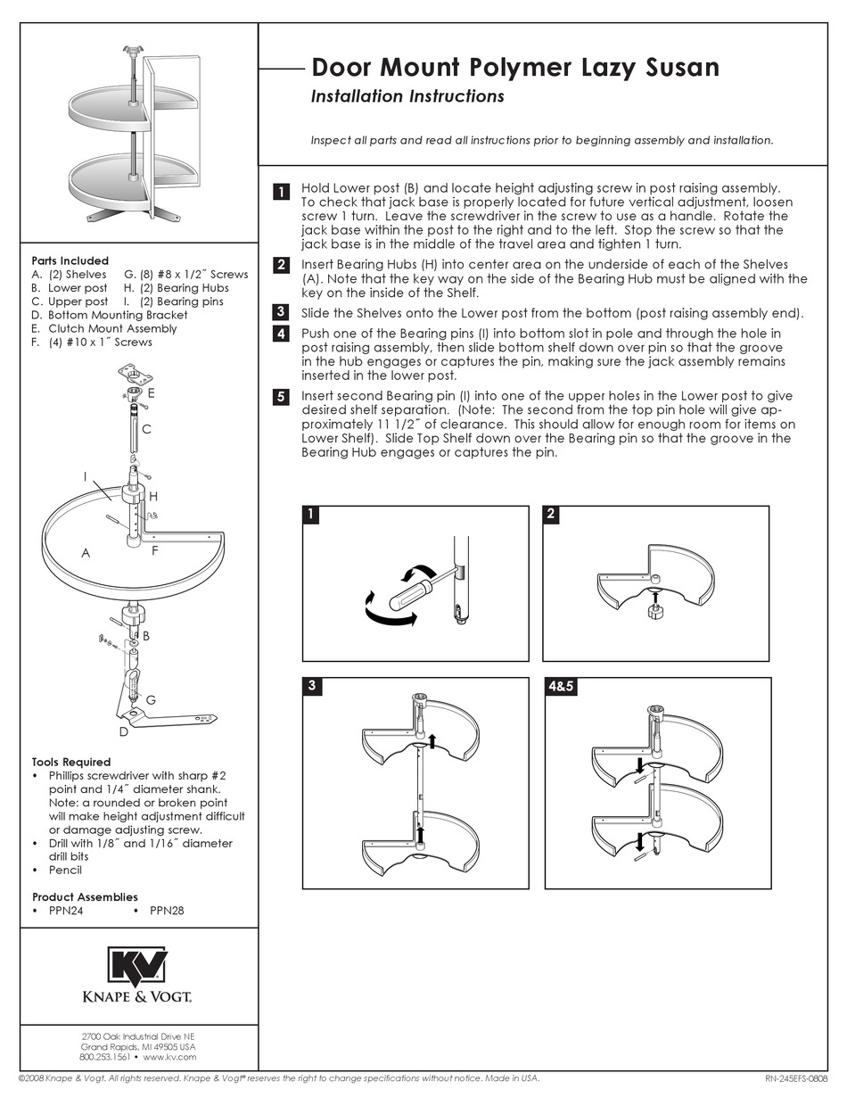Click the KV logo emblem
(138, 967)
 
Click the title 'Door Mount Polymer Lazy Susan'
(514, 68)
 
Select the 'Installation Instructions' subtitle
(407, 96)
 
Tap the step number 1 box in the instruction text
(280, 192)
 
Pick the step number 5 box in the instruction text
(280, 397)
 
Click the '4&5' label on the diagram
(561, 687)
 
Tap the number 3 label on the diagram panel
(311, 686)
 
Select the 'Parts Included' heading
(70, 260)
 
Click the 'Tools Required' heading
(71, 762)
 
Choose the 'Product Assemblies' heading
(85, 896)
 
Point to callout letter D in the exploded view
(123, 732)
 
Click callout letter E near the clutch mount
(152, 392)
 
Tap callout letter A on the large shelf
(86, 553)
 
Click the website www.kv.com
(169, 1057)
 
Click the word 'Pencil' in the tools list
(65, 870)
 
